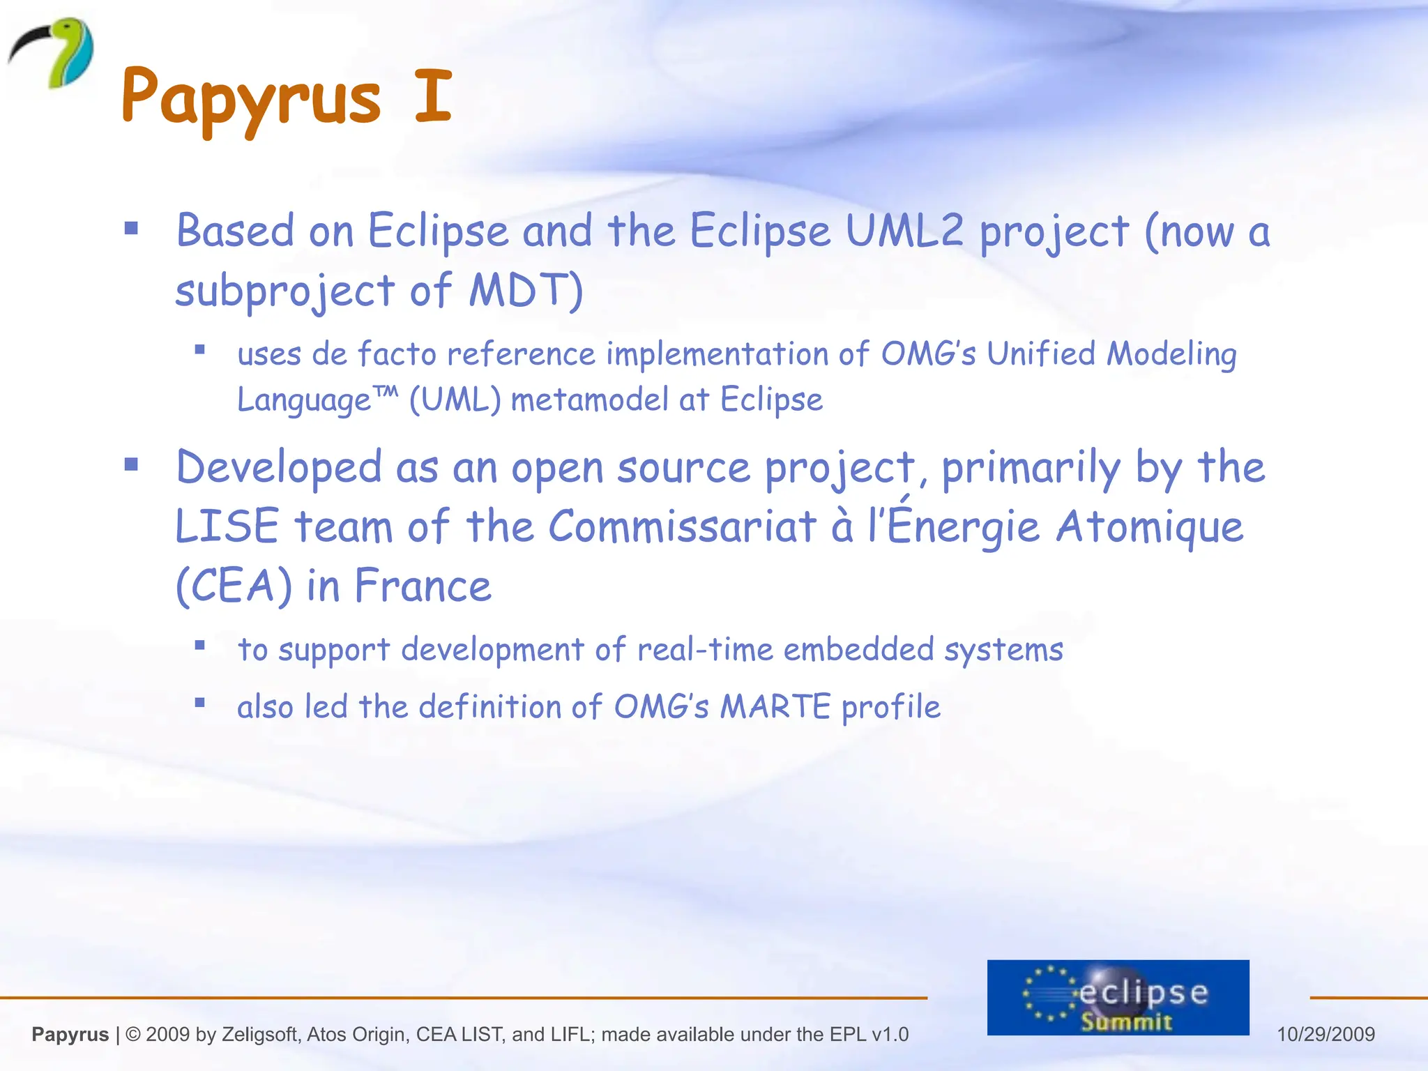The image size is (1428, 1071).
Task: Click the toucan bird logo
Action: click(x=52, y=53)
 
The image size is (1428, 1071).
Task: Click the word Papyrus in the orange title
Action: click(x=251, y=98)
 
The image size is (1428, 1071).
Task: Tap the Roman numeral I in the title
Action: click(x=433, y=96)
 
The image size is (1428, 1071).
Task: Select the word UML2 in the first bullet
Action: click(x=904, y=231)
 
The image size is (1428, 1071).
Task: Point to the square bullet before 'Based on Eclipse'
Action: click(x=131, y=229)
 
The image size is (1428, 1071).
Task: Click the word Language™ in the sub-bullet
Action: click(x=317, y=400)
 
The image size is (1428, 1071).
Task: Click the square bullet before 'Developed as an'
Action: click(x=131, y=464)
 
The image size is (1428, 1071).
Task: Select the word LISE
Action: click(x=227, y=526)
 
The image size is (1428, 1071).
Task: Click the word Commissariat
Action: click(x=682, y=526)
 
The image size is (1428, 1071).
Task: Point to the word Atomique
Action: click(x=1149, y=526)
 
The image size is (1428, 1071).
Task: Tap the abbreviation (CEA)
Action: click(x=234, y=586)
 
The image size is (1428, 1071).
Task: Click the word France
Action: click(x=423, y=586)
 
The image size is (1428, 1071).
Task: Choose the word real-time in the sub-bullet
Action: click(x=705, y=650)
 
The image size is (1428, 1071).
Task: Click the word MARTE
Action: click(x=775, y=707)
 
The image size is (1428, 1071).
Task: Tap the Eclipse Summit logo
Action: click(x=1118, y=997)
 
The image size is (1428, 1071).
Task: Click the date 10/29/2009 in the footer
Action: click(x=1326, y=1034)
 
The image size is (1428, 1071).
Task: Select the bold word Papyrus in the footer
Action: click(x=70, y=1035)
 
